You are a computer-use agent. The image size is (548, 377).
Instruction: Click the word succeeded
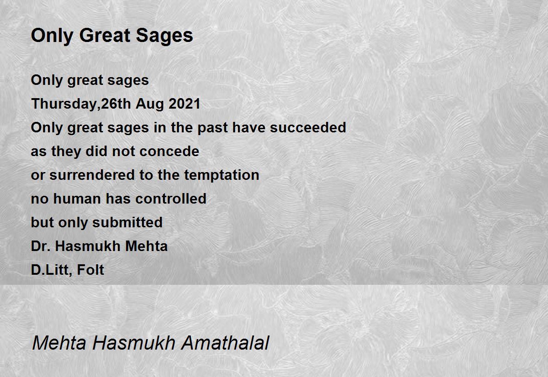point(308,127)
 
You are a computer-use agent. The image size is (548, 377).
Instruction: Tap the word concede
point(169,151)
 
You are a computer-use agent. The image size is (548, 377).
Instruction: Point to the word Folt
point(90,270)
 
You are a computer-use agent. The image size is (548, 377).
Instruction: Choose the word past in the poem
point(213,127)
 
